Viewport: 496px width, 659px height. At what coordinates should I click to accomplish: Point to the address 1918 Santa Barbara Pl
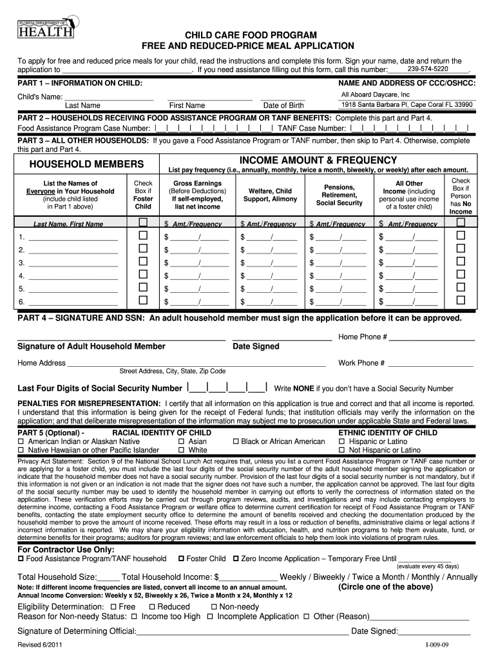pos(407,105)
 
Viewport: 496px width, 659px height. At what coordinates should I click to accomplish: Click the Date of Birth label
pos(283,106)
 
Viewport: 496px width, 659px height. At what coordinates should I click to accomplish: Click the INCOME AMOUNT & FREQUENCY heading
pos(318,160)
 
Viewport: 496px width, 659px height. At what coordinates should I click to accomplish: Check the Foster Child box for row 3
pos(143,262)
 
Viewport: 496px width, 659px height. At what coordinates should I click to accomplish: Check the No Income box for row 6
pos(461,301)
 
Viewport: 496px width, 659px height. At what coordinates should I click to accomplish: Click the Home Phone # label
pos(363,337)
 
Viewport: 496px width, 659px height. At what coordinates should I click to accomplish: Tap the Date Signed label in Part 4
pos(256,346)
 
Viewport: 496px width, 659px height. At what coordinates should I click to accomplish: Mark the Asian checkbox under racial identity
pos(182,442)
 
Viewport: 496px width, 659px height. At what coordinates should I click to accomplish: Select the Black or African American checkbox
pos(236,442)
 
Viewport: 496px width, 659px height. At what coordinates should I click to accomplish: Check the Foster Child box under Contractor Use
pos(181,559)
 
